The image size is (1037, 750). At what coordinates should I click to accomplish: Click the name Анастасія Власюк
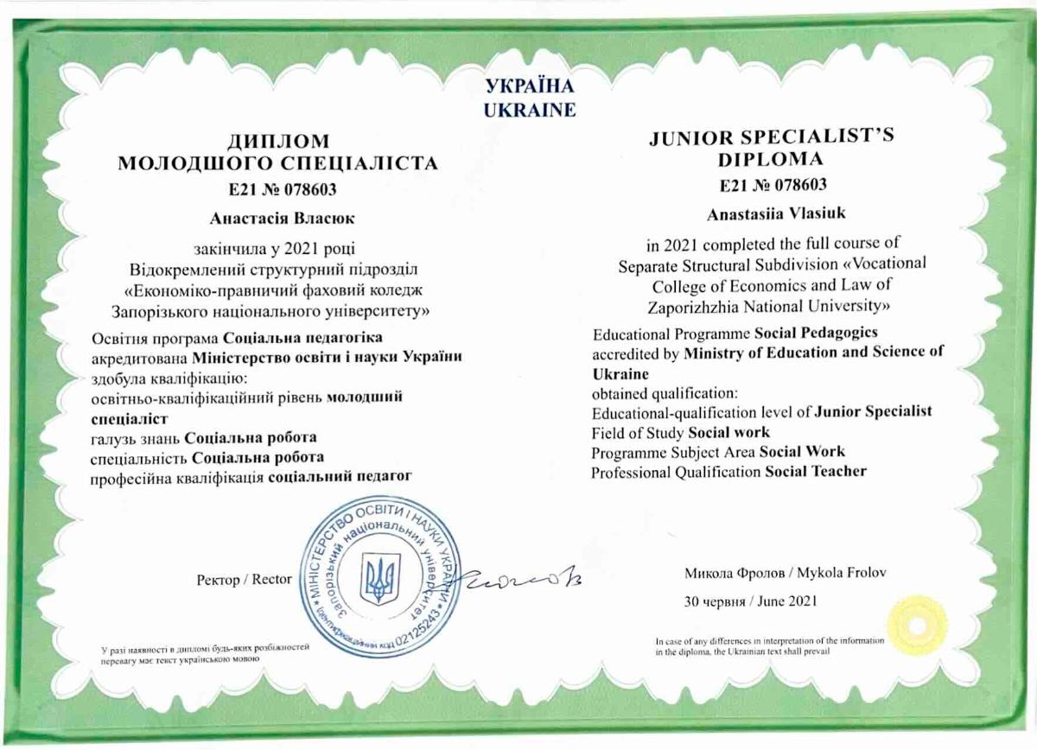pyautogui.click(x=277, y=219)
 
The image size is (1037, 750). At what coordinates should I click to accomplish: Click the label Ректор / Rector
pyautogui.click(x=245, y=580)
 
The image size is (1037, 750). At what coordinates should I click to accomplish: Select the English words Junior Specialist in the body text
pyautogui.click(x=873, y=411)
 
